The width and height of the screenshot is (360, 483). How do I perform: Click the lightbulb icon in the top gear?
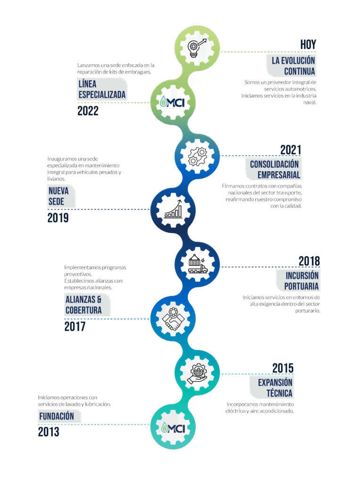coord(197,47)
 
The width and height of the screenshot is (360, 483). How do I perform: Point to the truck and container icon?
coord(197,264)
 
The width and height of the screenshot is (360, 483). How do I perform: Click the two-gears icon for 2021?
coord(197,155)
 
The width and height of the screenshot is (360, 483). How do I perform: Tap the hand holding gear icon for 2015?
coord(197,373)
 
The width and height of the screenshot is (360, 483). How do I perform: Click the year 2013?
coord(49,432)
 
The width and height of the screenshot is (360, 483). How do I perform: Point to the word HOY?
coord(308,44)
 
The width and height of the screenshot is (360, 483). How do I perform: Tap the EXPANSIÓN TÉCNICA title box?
coord(275,388)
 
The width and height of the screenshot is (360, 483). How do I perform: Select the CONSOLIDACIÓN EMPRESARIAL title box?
coord(274,169)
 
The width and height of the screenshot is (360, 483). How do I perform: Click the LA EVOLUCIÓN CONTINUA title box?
coord(292,66)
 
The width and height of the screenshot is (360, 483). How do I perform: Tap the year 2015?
coord(283,367)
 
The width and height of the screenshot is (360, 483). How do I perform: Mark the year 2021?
coord(290,150)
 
